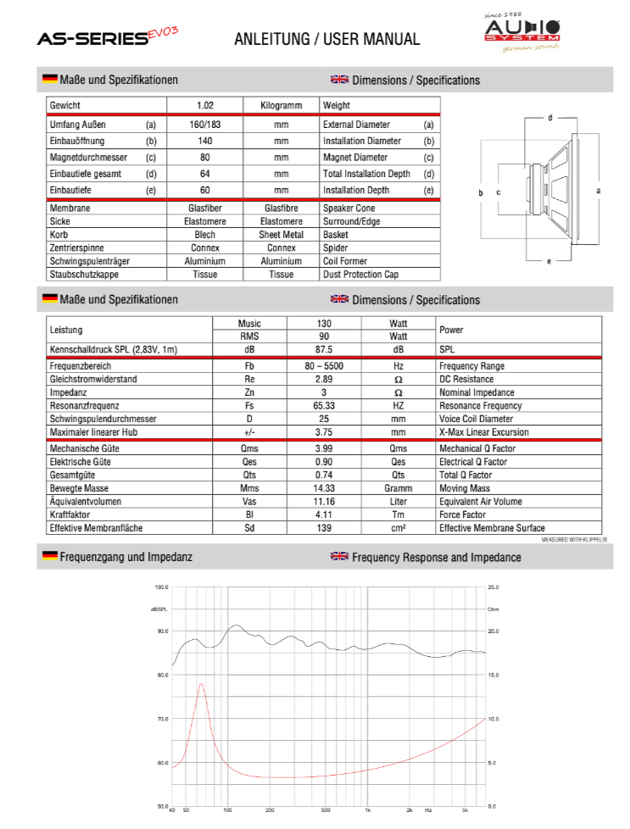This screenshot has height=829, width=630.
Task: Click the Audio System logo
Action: tap(521, 33)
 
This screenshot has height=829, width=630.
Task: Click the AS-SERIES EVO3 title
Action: tap(107, 36)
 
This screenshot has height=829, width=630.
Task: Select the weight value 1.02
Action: tap(204, 106)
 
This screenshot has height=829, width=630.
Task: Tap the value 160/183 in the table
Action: tap(204, 125)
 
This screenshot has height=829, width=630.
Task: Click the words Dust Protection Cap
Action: tap(360, 275)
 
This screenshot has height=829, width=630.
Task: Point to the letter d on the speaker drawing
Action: tap(550, 118)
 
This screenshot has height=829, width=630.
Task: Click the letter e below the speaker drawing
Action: tap(549, 261)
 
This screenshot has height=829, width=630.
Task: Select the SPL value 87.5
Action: tap(323, 349)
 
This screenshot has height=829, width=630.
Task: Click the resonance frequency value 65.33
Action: tap(323, 406)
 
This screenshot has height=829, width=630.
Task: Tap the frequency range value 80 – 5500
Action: tap(323, 366)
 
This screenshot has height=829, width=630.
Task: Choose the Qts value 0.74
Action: tap(323, 476)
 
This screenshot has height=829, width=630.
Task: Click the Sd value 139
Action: tap(323, 528)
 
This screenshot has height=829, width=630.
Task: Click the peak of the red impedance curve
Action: tap(202, 683)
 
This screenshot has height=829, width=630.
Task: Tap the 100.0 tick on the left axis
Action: tap(162, 587)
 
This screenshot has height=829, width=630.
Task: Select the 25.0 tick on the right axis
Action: tap(493, 587)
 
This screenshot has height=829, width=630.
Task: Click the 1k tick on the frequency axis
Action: tap(367, 811)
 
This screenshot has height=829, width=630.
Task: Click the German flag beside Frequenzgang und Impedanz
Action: tap(50, 557)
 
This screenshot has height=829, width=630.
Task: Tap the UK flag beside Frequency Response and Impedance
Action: tap(339, 557)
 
